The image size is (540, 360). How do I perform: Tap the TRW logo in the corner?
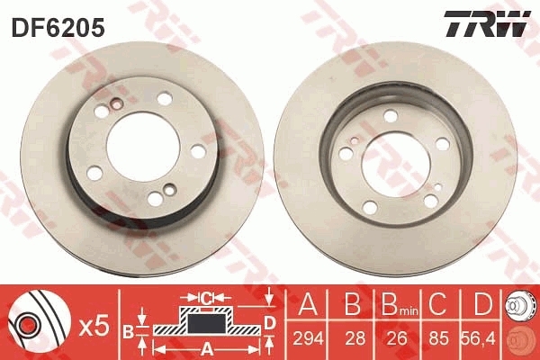coord(485,24)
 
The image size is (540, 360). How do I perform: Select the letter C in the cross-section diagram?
coord(206,297)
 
